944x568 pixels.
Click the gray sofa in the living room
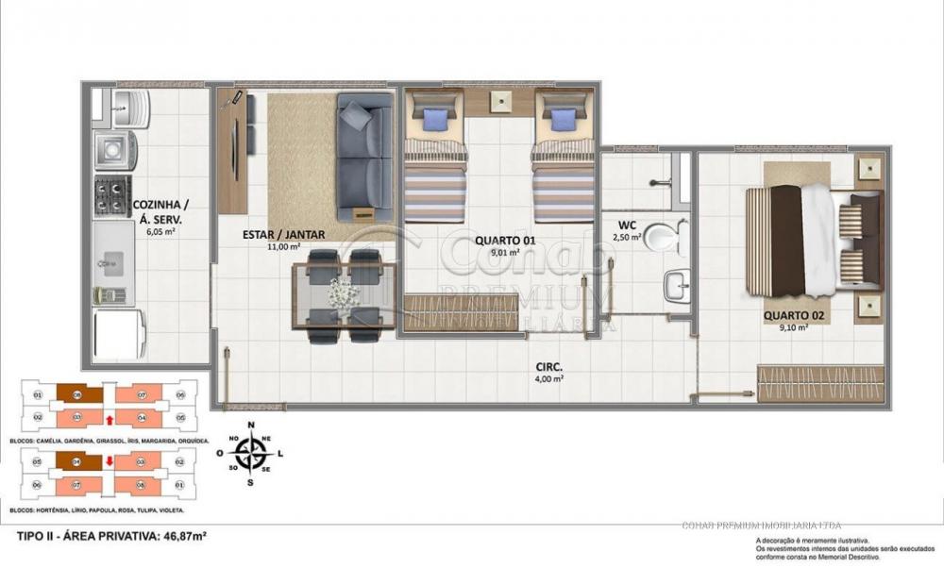(x=364, y=156)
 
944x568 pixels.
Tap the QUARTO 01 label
(x=505, y=240)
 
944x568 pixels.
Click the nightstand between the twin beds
(x=499, y=101)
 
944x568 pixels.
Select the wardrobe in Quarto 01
(x=461, y=312)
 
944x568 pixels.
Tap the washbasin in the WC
(x=676, y=285)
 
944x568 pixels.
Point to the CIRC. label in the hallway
(x=548, y=368)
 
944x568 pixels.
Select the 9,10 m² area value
(x=792, y=328)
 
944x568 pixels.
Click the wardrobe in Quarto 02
(x=820, y=383)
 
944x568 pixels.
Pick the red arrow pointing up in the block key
(x=110, y=419)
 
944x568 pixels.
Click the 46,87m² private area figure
(x=180, y=536)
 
